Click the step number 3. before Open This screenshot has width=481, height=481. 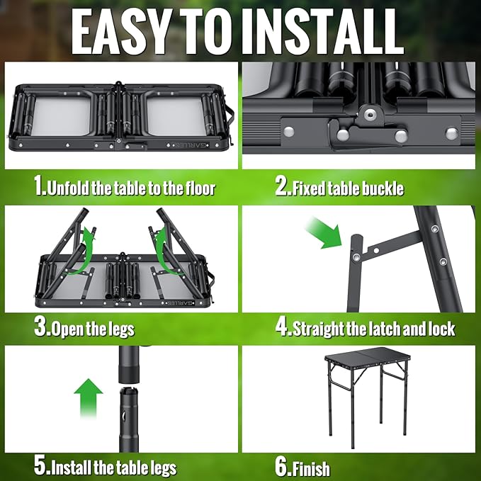tap(41, 328)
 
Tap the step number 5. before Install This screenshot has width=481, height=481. tap(41, 467)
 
